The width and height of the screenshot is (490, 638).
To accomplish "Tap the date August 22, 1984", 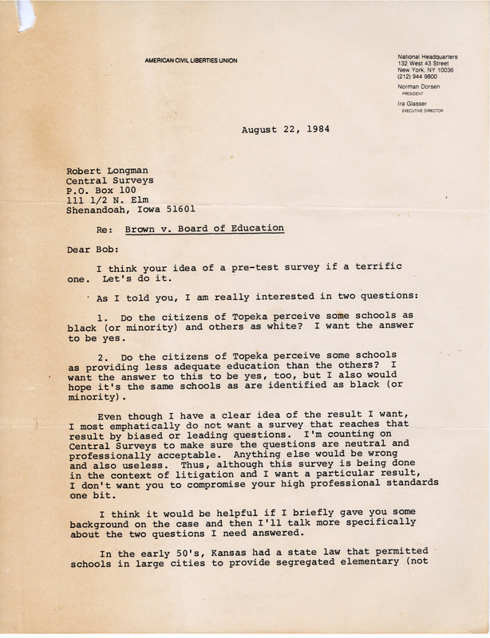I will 283,129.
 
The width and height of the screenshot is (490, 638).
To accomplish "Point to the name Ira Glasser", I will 412,103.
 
